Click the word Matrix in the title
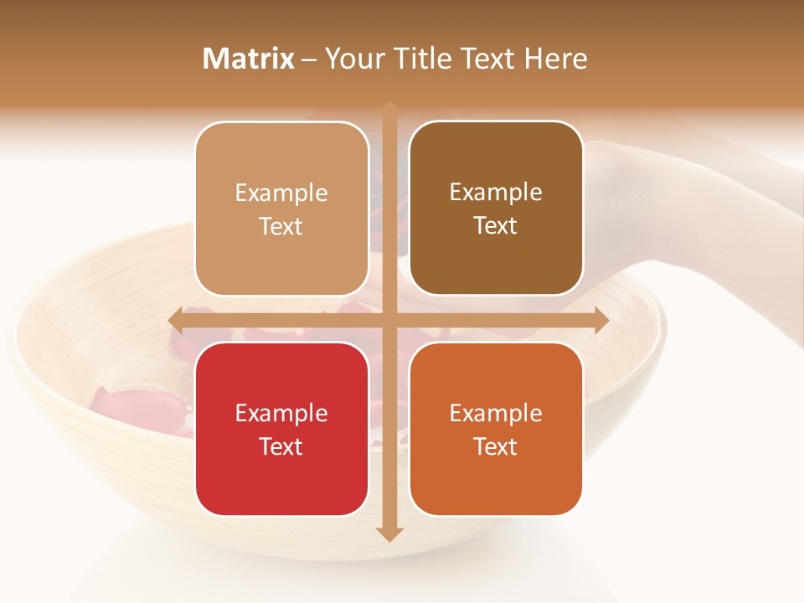coord(249,59)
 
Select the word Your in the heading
coord(354,59)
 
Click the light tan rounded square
coord(281,209)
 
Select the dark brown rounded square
coord(496,209)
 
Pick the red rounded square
coord(281,429)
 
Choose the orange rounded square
coord(496,429)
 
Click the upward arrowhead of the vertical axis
coord(389,109)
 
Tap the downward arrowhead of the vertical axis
coord(389,533)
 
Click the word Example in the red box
coord(281,413)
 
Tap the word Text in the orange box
coord(496,446)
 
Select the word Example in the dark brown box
coord(496,192)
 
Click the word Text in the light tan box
coord(281,226)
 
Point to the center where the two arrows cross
coord(389,320)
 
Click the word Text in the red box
coord(281,446)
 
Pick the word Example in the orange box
coord(496,413)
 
